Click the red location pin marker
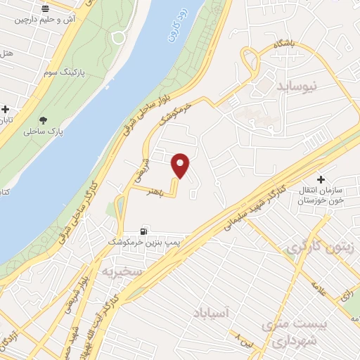tap(181, 165)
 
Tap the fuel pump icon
tap(145, 231)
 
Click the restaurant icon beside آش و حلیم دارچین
tap(46, 9)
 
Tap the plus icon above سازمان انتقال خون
tap(322, 179)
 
